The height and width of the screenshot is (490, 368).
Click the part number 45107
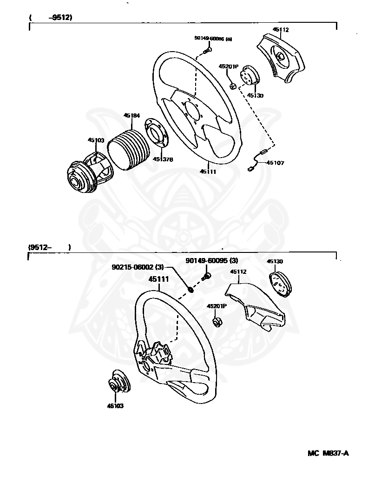pyautogui.click(x=275, y=163)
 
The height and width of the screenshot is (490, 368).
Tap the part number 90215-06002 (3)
pyautogui.click(x=138, y=267)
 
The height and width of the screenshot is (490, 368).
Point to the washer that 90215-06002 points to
pyautogui.click(x=191, y=291)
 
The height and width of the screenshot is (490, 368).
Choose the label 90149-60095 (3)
pyautogui.click(x=211, y=261)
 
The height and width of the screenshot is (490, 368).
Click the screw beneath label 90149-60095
pyautogui.click(x=207, y=277)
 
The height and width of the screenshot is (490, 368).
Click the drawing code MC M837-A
pyautogui.click(x=328, y=453)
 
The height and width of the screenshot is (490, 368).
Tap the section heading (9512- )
pyautogui.click(x=49, y=247)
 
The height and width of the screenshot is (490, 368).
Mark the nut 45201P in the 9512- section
pyautogui.click(x=217, y=321)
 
